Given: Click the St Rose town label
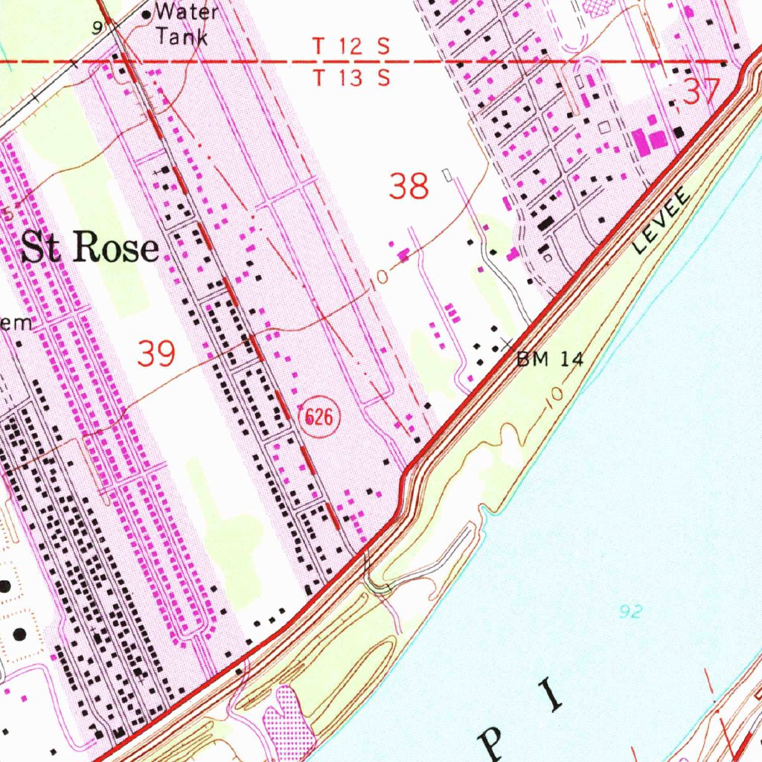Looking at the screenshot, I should coord(89,248).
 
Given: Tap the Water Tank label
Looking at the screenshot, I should coord(186,24).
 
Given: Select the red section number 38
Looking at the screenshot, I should coord(409,186).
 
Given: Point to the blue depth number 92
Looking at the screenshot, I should coord(630,612).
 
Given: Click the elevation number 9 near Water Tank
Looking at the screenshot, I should coord(97,28).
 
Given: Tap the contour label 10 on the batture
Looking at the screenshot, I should coord(554,394).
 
